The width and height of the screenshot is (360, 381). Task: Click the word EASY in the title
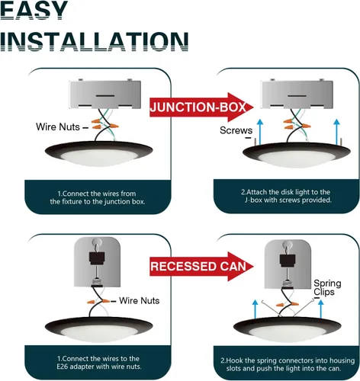pos(34,10)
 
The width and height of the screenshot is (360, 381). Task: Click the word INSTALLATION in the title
pos(94,42)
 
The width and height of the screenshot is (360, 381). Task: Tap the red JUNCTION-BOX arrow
pos(201,107)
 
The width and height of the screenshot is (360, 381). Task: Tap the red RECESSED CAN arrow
pos(201,267)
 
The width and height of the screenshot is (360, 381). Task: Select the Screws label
pos(236,130)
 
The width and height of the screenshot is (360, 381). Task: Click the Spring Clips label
pos(327,287)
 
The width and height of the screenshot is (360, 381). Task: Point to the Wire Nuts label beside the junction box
pos(58,126)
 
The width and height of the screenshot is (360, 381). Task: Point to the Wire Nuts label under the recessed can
pos(139,300)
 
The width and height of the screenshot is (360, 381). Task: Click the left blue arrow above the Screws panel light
pos(260,132)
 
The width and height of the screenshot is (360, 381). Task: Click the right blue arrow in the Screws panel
pos(336,132)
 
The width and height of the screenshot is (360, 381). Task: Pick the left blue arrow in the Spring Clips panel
pos(256,309)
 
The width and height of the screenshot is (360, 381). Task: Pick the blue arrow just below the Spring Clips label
pos(321,309)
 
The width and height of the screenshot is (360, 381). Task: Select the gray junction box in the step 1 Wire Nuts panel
pos(104,94)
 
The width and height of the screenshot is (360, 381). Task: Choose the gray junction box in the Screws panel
pos(297,94)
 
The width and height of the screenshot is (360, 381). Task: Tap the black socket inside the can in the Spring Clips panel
pos(288,261)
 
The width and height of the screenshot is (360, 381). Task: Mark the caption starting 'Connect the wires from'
pos(98,197)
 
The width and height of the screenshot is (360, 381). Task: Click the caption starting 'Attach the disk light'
pos(286,196)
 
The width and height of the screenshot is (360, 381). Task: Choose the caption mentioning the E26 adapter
pos(98,363)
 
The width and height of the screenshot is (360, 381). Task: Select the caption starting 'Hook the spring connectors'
pos(288,364)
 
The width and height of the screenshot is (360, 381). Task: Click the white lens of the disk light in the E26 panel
pos(98,333)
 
